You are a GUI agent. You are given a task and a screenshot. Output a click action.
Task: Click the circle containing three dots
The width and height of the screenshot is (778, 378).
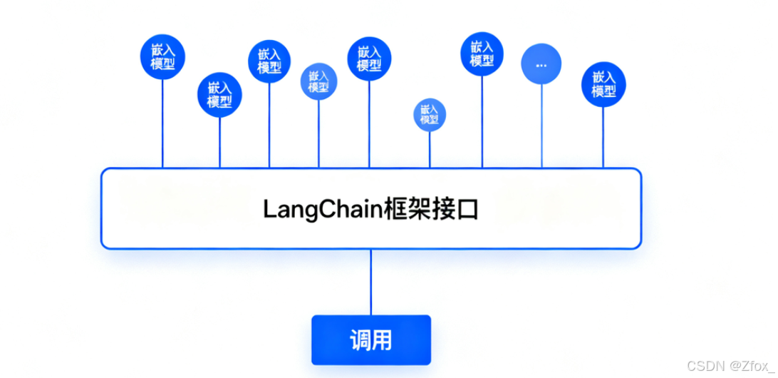point(541,64)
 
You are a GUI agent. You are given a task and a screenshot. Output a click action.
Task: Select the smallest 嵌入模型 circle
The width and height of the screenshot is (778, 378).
point(430,114)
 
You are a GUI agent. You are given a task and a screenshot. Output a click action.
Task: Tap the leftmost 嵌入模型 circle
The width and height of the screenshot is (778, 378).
point(162,57)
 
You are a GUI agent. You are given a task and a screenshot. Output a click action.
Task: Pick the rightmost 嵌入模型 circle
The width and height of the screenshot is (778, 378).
point(603,84)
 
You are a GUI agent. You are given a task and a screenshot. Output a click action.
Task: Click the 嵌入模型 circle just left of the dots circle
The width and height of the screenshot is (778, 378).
point(482,53)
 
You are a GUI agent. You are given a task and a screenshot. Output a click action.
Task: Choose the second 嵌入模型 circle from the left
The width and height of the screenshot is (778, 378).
point(219,95)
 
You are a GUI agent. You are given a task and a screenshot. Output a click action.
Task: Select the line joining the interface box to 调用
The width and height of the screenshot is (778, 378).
point(370,282)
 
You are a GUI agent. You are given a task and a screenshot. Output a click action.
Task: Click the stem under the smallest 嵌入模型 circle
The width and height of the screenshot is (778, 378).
point(430,150)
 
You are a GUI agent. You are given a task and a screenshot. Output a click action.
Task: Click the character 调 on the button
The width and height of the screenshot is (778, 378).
point(360,340)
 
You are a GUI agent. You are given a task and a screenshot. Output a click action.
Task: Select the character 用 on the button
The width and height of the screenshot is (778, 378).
point(383,340)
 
